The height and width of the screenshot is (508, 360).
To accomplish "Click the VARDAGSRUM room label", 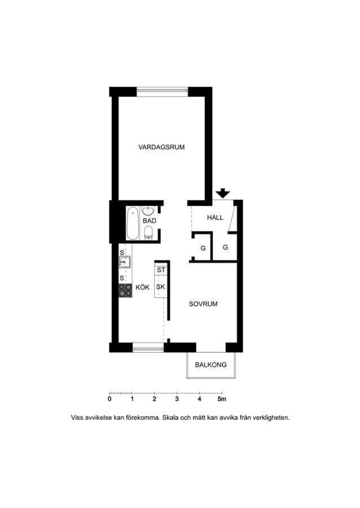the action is (x=161, y=147).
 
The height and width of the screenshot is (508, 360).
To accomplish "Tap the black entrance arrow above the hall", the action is (x=223, y=193).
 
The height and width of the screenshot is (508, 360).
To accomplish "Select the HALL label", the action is (x=215, y=217).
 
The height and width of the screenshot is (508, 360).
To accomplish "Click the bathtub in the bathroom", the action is (x=133, y=223).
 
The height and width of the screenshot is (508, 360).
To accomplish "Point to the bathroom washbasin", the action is (x=148, y=211).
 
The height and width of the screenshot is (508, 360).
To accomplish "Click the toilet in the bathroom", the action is (x=148, y=233).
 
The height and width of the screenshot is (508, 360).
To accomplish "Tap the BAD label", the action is (x=150, y=221).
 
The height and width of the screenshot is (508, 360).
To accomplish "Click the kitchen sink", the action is (x=125, y=262).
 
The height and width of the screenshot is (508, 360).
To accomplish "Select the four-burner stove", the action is (x=125, y=290).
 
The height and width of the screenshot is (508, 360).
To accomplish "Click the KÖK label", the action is (x=142, y=287).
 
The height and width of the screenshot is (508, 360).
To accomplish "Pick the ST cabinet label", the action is (x=161, y=270).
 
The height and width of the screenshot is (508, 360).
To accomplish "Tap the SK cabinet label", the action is (x=161, y=287).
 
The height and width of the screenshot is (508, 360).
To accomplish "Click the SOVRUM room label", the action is (x=203, y=304).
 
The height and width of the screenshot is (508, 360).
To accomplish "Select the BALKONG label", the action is (x=211, y=365).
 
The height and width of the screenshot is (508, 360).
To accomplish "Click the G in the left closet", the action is (x=203, y=248).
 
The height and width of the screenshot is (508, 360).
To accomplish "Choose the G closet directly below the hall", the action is (x=225, y=247).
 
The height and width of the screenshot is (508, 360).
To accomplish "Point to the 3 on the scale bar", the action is (x=177, y=399).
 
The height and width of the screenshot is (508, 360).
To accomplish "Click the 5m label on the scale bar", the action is (x=222, y=399).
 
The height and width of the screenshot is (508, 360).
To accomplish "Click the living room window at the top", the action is (x=162, y=91).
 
